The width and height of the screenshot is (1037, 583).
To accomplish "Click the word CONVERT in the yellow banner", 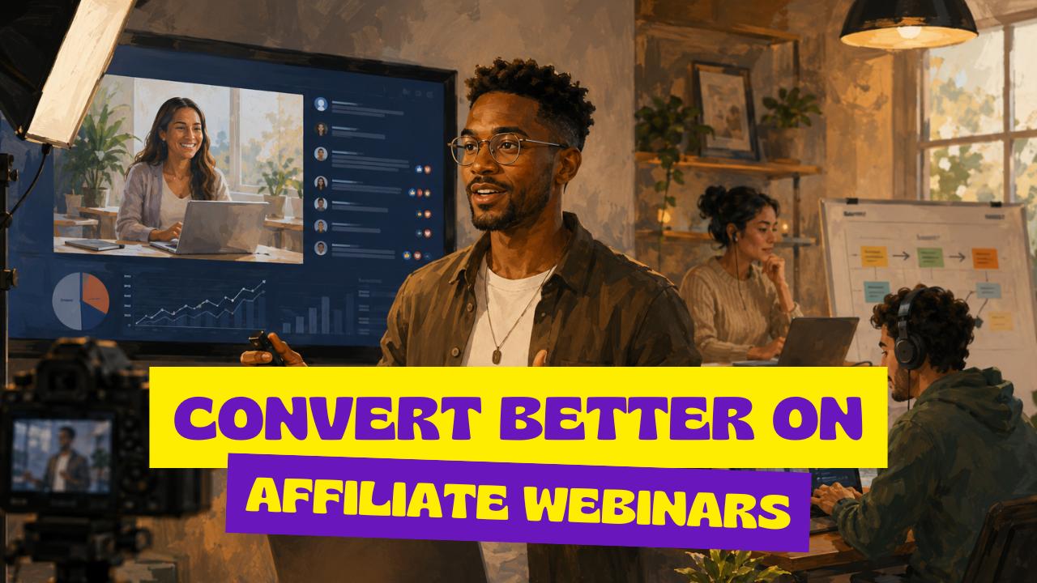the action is pos(326,419).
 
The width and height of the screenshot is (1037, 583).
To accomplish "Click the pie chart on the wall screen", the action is pos(81,300).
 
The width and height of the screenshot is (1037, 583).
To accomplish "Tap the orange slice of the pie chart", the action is pos(96,293).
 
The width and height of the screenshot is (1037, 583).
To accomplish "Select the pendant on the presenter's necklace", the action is pos(497,355).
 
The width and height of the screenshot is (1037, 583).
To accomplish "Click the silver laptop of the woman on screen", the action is pos(216,227).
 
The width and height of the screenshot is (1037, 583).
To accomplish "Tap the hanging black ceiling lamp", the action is pos(908,24).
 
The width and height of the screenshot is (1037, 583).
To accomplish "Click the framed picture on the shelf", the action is pos(725,111).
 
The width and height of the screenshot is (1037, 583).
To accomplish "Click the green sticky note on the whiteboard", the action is pos(930,257).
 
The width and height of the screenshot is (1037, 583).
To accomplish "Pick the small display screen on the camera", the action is pos(61,455).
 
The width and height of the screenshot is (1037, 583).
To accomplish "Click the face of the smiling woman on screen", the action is pos(183,130).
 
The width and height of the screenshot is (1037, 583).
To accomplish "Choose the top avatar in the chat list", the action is pos(321,104).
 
